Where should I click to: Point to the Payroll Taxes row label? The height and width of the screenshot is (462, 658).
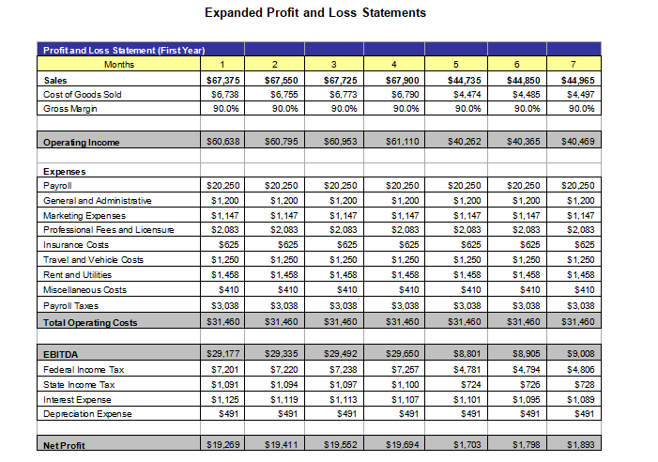pos(72,306)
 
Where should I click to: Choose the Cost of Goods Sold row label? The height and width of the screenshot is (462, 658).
pos(83,95)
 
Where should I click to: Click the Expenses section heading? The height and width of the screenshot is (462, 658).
pos(66,172)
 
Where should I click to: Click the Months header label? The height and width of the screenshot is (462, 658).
pos(119,65)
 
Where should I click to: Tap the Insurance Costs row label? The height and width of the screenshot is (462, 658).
pos(76,244)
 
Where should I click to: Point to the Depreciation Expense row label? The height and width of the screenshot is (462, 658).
pos(88,414)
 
